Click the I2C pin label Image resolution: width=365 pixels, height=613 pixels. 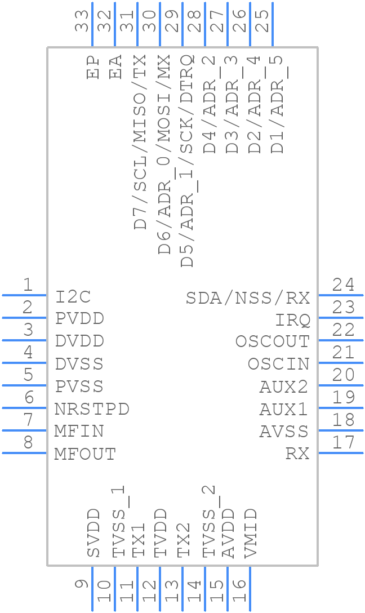(x=73, y=296)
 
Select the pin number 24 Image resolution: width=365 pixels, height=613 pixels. (x=343, y=285)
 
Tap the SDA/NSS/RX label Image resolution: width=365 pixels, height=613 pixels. (x=248, y=297)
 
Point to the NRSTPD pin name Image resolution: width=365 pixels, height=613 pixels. (x=92, y=409)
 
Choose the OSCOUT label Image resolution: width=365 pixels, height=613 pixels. (x=272, y=342)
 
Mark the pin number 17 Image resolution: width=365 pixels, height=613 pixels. (x=343, y=443)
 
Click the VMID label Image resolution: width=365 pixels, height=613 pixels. (x=251, y=533)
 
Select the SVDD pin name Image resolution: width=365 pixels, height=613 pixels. (x=94, y=533)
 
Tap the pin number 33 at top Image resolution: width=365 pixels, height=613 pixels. (x=82, y=21)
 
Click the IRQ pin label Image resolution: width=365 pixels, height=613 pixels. (x=292, y=320)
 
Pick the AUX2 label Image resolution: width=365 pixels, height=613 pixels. (x=284, y=387)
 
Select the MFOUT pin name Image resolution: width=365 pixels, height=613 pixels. (x=85, y=454)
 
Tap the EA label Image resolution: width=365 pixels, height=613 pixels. (x=116, y=66)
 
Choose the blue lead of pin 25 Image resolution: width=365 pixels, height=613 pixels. (x=273, y=24)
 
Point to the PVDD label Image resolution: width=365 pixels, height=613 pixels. (x=79, y=319)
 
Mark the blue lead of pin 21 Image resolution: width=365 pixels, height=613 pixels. (x=340, y=363)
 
